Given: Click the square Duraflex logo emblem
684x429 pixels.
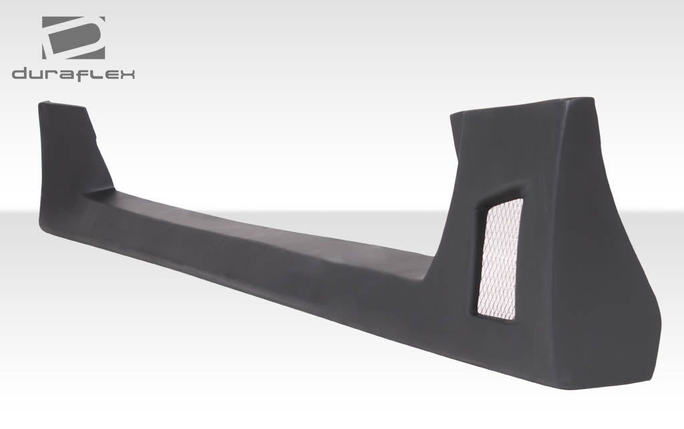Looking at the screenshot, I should [73, 38].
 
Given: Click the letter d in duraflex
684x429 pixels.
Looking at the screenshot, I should [19, 74].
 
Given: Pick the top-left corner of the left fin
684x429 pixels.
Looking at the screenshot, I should [41, 104].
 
